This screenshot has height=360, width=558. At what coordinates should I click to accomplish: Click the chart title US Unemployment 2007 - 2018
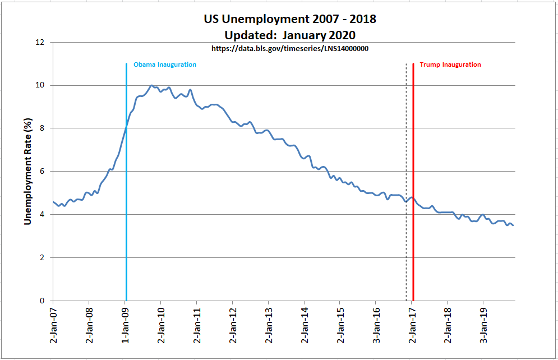[x=290, y=19]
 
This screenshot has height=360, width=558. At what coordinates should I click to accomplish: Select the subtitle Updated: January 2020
[x=290, y=35]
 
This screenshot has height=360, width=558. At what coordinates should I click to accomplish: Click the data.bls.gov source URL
[x=290, y=49]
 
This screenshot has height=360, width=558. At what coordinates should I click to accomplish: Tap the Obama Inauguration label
[x=164, y=64]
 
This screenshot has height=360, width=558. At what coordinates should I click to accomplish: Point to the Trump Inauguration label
[x=450, y=64]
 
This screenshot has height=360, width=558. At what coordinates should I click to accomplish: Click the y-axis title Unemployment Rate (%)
[x=27, y=172]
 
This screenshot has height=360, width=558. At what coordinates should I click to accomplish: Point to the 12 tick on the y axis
[x=40, y=43]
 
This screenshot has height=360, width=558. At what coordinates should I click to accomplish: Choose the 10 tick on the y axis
[x=40, y=85]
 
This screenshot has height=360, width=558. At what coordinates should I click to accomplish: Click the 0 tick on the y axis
[x=42, y=301]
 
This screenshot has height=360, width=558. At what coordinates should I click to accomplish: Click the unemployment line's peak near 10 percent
[x=152, y=86]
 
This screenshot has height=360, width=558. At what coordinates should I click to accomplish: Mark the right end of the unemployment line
[x=513, y=225]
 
